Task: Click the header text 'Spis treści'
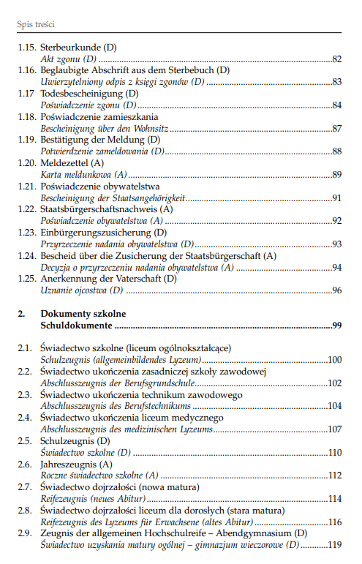37,24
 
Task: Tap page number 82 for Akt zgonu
336,59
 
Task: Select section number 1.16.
27,70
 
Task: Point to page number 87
336,129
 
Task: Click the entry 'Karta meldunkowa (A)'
84,176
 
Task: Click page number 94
336,268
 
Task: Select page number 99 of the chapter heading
336,326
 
